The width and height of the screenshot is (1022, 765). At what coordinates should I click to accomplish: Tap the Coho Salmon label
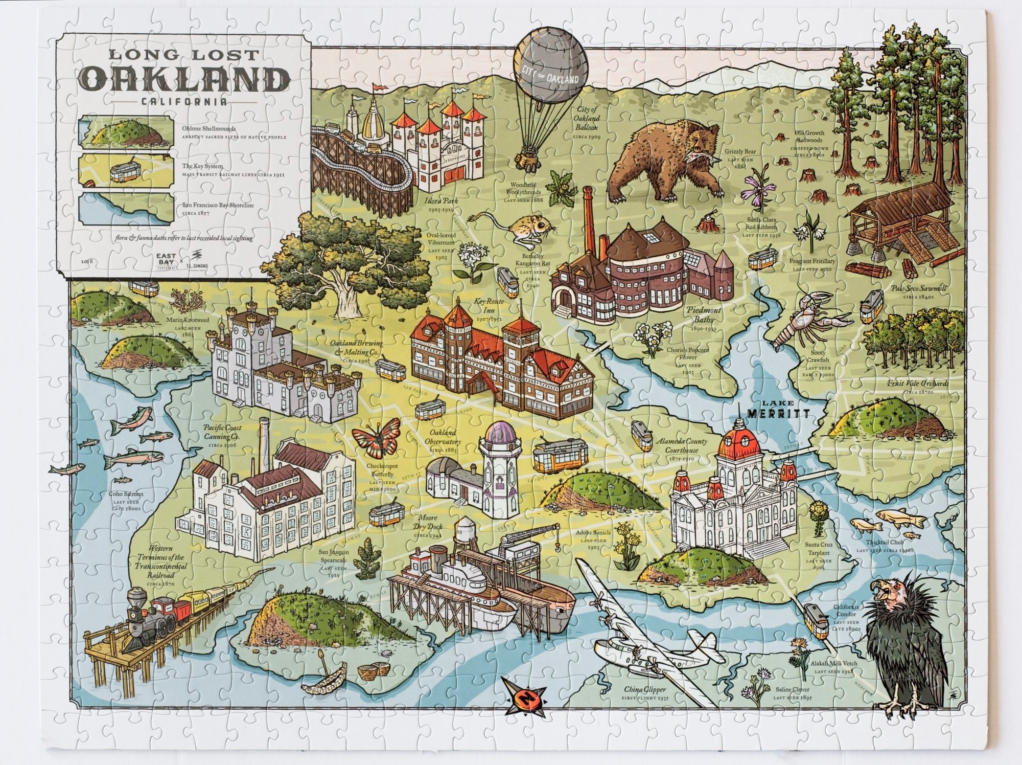(x=126, y=494)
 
